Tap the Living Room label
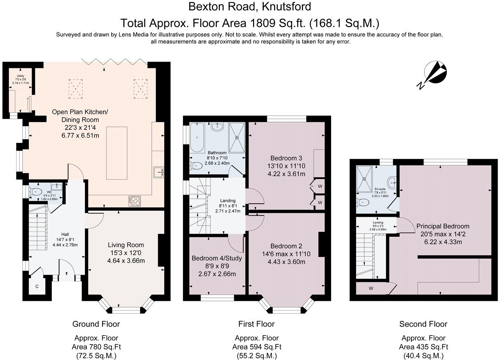pyautogui.click(x=126, y=245)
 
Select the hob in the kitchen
pyautogui.click(x=135, y=201)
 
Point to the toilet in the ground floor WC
pyautogui.click(x=35, y=192)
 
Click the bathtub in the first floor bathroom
pyautogui.click(x=197, y=138)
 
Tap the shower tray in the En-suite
pyautogui.click(x=364, y=179)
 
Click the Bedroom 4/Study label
pyautogui.click(x=217, y=258)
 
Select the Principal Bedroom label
pyautogui.click(x=443, y=226)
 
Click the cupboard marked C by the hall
pyautogui.click(x=37, y=286)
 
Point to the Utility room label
pyautogui.click(x=21, y=76)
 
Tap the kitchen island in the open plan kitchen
pyautogui.click(x=117, y=153)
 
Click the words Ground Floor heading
pyautogui.click(x=96, y=324)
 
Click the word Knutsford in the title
pyautogui.click(x=287, y=7)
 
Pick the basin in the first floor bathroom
pyautogui.click(x=217, y=127)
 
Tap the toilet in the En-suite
pyautogui.click(x=363, y=203)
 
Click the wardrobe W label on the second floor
pyautogui.click(x=371, y=288)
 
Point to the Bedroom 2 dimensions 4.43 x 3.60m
pyautogui.click(x=286, y=262)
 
